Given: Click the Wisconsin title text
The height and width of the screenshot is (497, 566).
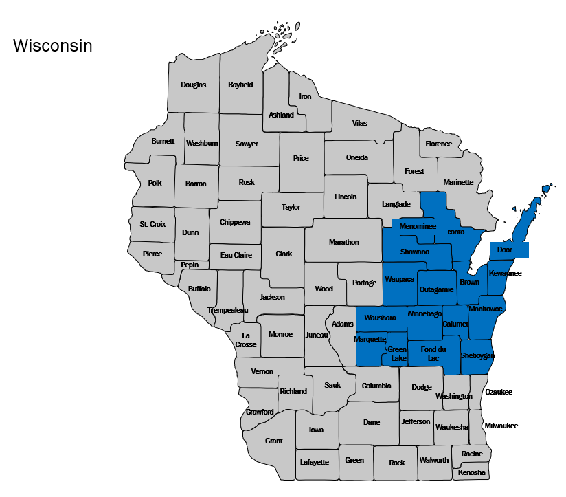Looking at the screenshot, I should [53, 46].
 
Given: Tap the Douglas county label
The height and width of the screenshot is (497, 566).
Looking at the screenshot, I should [193, 85].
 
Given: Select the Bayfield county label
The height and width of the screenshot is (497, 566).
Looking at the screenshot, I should [241, 85].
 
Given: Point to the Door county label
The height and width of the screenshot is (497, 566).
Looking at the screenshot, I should [505, 250].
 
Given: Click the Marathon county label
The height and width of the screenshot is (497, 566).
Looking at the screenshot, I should [343, 242].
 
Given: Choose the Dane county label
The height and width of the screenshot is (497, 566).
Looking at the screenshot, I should [371, 422].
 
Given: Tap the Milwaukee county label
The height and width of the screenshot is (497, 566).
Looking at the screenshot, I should [501, 426].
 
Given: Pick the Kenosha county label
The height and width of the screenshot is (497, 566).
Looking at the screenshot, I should [472, 473].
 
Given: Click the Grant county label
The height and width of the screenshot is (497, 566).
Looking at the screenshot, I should [273, 441].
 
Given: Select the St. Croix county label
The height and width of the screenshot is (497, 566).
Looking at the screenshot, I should [152, 224].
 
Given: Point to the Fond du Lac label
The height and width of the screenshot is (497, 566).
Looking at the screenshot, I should [433, 354].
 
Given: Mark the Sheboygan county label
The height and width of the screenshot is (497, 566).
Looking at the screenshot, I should [477, 356].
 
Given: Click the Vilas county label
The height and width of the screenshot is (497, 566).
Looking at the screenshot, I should [360, 123].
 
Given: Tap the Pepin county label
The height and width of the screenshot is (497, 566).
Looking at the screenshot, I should [190, 265].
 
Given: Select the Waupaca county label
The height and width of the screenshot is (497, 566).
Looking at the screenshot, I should [399, 280].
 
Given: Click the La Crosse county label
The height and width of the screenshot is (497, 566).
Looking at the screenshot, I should [245, 340].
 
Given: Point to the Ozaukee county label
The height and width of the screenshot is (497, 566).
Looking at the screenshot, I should [499, 392].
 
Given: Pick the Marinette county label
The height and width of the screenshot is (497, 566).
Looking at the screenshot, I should [458, 182].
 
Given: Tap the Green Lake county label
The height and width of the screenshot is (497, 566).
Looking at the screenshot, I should [398, 354].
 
